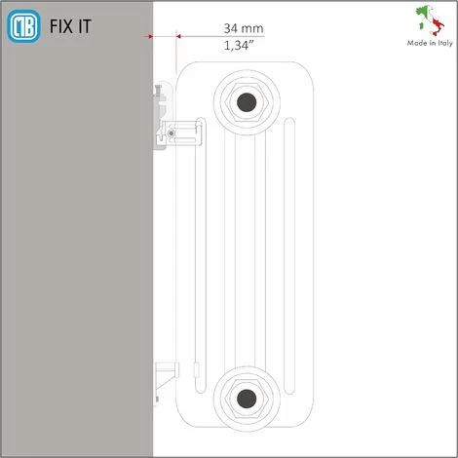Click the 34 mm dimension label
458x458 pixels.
pos(243,26)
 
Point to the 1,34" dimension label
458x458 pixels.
pos(243,45)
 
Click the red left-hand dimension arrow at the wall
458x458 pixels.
pos(150,36)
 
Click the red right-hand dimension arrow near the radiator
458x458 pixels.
pos(176,36)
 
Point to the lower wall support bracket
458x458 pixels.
pos(165,375)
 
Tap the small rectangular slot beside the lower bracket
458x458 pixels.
pos(196,369)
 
